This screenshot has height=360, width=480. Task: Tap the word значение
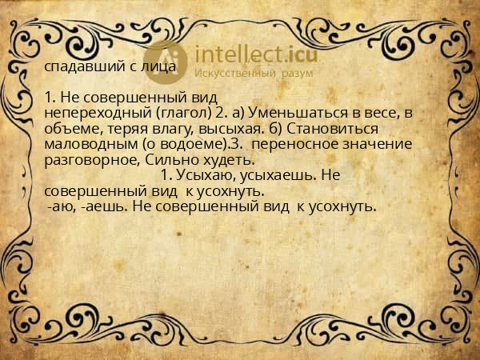click(378, 144)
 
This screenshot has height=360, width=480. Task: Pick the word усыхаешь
click(271, 176)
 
